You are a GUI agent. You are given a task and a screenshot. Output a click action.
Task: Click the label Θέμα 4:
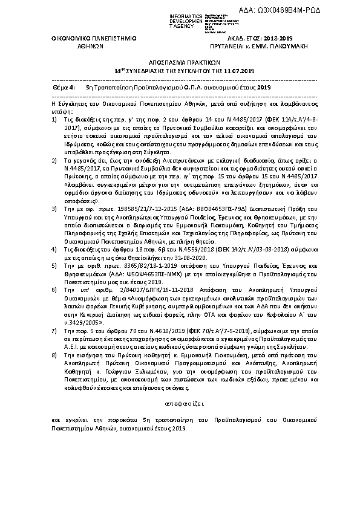[x=64, y=88]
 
